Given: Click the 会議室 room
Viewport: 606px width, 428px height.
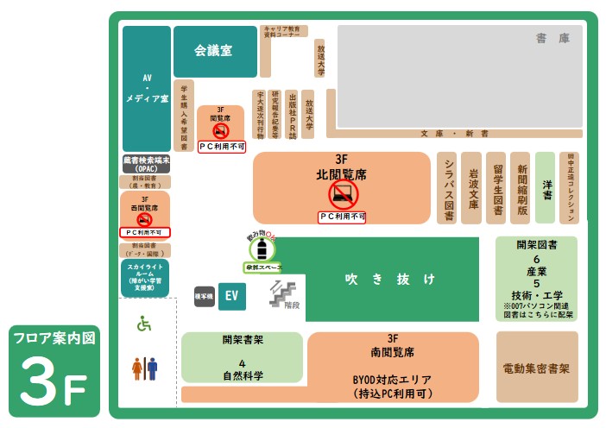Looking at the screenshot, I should coord(215,51).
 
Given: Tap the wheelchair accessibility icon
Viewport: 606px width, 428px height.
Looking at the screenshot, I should coord(144,324).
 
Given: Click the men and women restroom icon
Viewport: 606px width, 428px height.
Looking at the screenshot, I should coord(144,368).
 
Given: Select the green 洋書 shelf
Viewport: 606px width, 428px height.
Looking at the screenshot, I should coord(545,188).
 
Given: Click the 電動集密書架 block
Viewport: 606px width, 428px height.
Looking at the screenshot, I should coord(536,368).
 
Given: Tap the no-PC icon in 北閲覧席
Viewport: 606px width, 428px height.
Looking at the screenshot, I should coord(343,195).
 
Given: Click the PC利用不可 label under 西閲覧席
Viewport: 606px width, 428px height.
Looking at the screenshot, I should coord(144,232).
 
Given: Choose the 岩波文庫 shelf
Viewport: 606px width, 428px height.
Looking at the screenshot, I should coord(471,188).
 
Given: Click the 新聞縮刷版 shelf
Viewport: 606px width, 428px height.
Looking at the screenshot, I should coord(521,188).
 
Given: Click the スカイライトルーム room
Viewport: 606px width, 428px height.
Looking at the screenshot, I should coord(145,279).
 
